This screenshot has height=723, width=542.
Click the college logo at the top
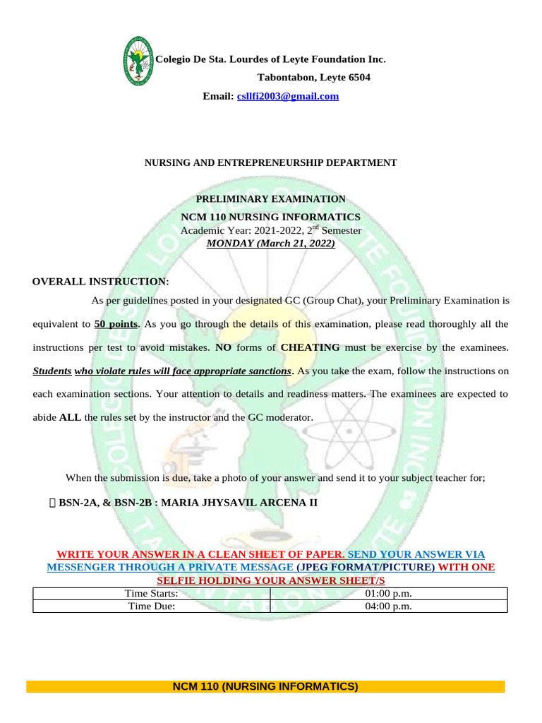coord(138,61)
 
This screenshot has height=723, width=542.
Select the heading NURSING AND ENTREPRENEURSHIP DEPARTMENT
coord(271,162)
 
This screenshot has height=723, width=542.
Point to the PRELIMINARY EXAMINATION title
coord(271,199)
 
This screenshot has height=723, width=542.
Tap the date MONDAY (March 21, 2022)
coord(271,244)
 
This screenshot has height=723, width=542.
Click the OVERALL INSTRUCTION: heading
coord(101,282)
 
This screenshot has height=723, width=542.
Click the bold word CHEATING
coord(310,347)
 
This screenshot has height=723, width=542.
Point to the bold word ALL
coord(70,417)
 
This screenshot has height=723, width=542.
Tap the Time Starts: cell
coord(151,594)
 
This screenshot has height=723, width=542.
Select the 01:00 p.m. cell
coord(389,594)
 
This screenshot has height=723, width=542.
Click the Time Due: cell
coord(151,606)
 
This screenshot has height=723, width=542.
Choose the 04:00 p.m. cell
coord(389,606)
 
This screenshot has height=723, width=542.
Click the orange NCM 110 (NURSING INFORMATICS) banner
coord(265,686)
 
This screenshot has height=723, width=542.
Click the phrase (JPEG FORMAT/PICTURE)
coord(366,567)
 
